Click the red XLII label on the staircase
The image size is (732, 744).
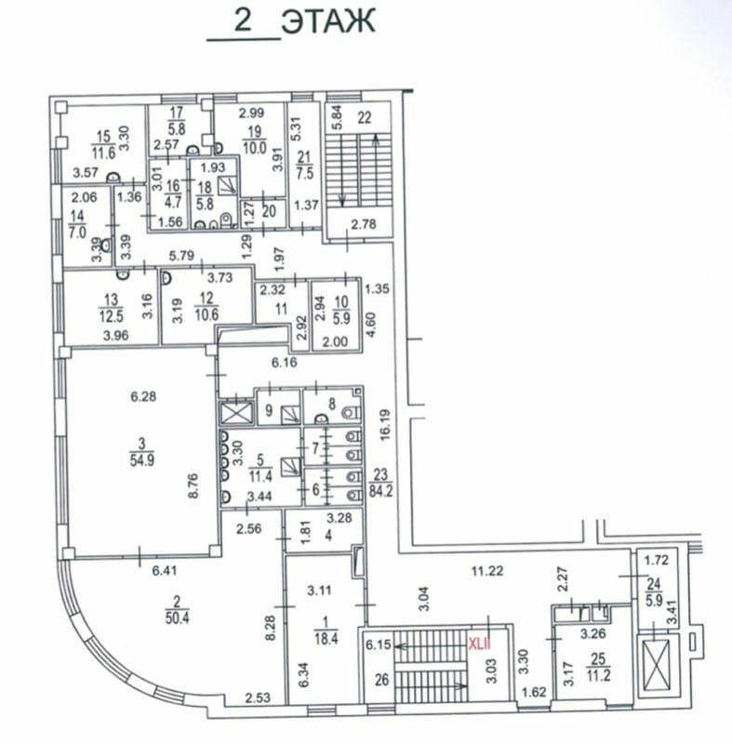[x=479, y=644]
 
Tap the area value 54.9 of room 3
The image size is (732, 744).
[x=142, y=459]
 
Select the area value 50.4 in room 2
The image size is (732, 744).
[x=177, y=618]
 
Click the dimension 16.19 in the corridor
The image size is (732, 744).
[x=385, y=425]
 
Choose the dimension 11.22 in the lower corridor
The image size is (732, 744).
[x=487, y=571]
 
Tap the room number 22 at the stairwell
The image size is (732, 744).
[x=364, y=117]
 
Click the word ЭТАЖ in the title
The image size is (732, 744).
[x=328, y=21]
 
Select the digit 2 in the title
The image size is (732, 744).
[x=243, y=20]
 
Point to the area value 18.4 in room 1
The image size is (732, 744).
[x=326, y=638]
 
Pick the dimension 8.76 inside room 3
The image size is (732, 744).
[x=193, y=485]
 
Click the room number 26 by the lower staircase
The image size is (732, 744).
[x=382, y=681]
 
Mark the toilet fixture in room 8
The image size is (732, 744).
[x=351, y=412]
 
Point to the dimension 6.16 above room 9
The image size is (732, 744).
[x=285, y=363]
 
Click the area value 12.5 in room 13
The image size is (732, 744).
[x=112, y=316]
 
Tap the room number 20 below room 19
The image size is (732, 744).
[x=269, y=211]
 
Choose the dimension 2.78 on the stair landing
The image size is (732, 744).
[x=364, y=224]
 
